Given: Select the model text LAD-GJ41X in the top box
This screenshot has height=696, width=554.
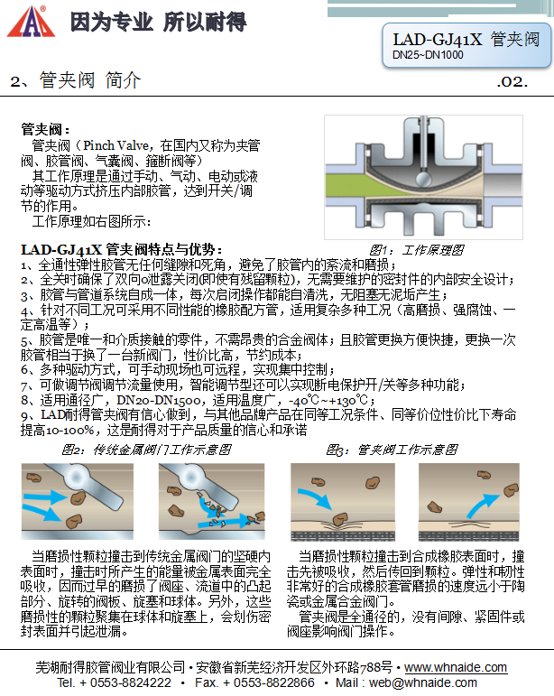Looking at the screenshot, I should click(437, 40).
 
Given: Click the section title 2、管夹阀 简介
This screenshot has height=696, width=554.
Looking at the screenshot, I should click(77, 80).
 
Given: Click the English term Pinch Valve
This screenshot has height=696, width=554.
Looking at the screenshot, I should click(118, 144).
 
